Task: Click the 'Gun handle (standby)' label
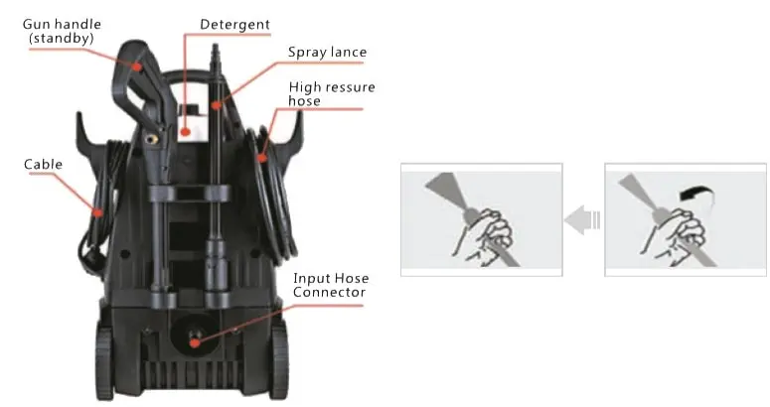[62, 31]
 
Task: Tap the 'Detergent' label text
[234, 25]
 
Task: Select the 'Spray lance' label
[327, 52]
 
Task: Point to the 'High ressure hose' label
[332, 93]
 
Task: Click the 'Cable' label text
[43, 164]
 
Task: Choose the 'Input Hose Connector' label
[331, 285]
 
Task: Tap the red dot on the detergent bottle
[185, 131]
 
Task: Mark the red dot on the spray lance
[216, 105]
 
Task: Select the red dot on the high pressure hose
[262, 158]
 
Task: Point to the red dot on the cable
[98, 212]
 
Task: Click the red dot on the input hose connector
[195, 342]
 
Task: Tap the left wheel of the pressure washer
[104, 363]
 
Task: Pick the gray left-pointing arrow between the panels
[582, 219]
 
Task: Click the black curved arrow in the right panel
[696, 193]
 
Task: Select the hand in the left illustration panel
[484, 237]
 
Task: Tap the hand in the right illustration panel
[676, 237]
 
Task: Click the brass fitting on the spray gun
[153, 139]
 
